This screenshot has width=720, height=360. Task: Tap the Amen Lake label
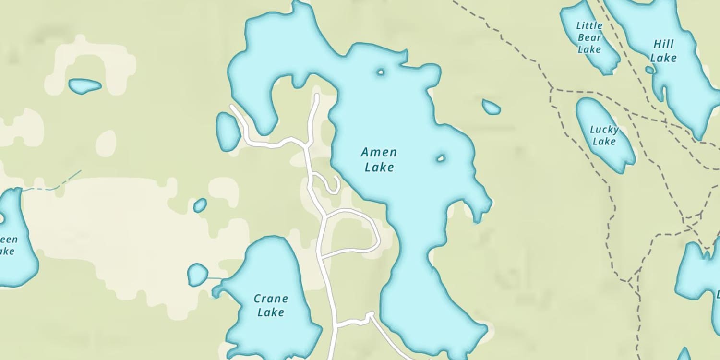(x=379, y=160)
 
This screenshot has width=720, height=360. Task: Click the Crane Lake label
(x=271, y=305)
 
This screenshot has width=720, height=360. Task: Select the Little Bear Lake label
(x=589, y=37)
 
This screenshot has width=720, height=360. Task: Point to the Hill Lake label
(x=663, y=51)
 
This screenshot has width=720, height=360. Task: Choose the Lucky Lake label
(x=604, y=135)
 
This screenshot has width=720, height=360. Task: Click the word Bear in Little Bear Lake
(x=589, y=37)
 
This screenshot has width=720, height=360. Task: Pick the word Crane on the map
(x=271, y=299)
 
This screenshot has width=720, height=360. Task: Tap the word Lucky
(x=604, y=130)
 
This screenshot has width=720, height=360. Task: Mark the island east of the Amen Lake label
(x=440, y=158)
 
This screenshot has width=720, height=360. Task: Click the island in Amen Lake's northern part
(x=380, y=72)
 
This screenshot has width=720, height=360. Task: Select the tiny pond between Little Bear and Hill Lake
(x=649, y=70)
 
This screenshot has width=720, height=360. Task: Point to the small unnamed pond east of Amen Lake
(x=491, y=107)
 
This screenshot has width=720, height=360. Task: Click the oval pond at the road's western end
(x=228, y=132)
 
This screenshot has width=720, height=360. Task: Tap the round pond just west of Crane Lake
(x=197, y=275)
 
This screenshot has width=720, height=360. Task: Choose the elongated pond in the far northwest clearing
(x=84, y=86)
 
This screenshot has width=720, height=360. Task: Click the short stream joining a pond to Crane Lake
(x=215, y=278)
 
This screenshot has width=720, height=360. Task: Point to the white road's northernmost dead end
(x=316, y=96)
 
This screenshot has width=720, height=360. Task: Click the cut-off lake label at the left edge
(x=8, y=245)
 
